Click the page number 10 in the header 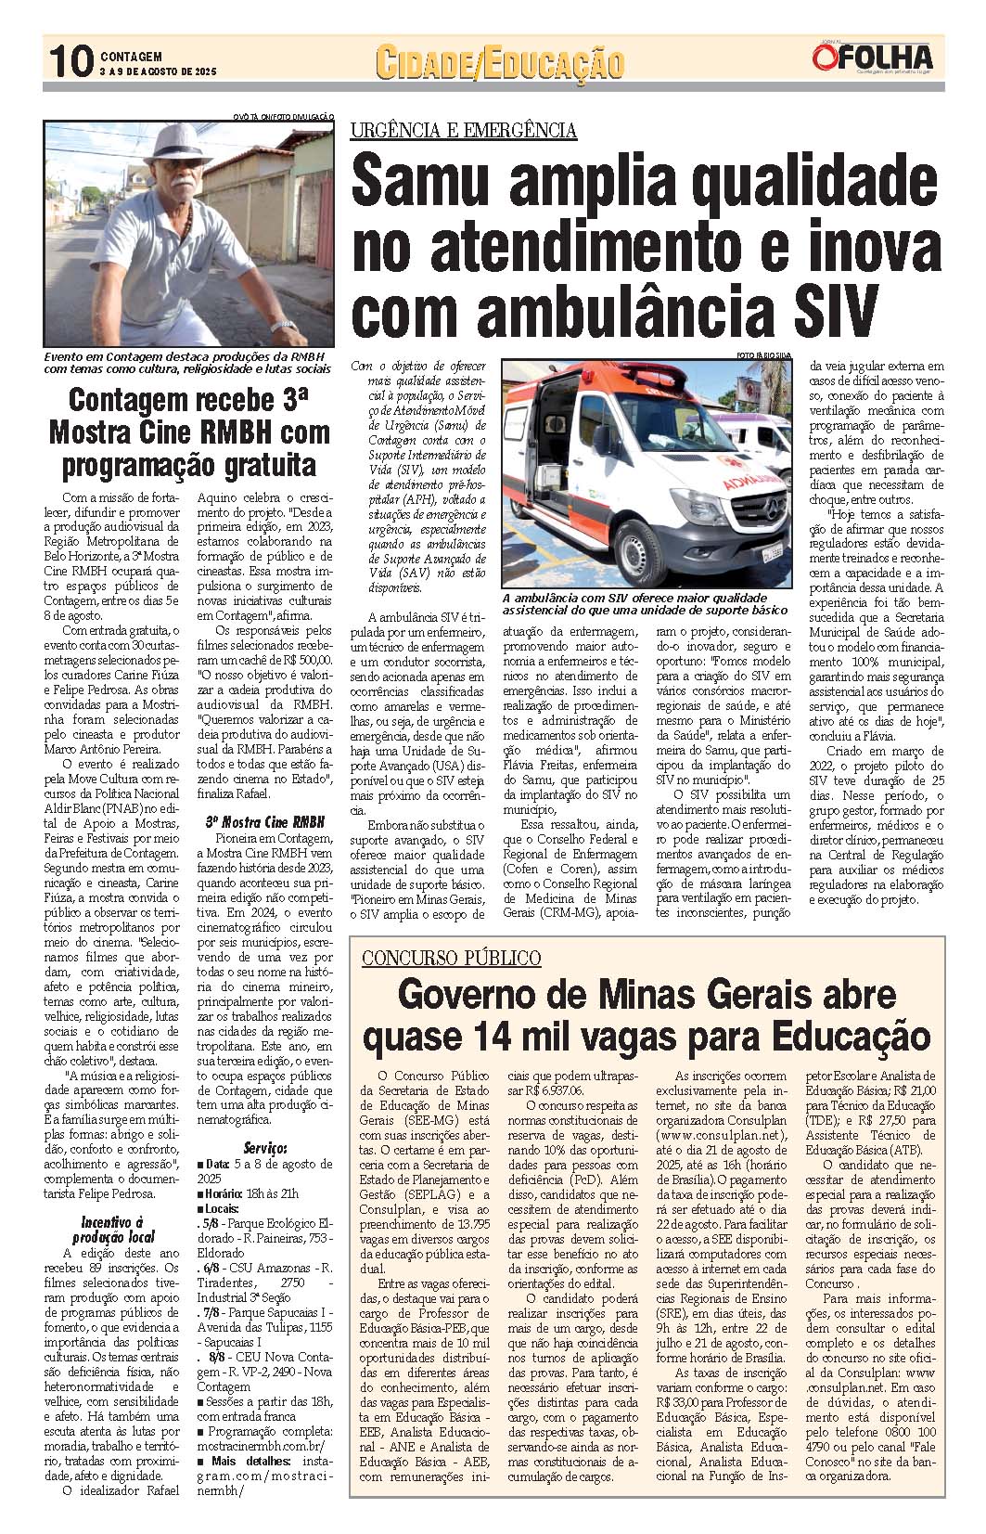(x=69, y=62)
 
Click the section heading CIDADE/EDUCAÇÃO (x=500, y=63)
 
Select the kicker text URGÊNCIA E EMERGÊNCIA (x=464, y=131)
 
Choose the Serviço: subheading (x=264, y=1148)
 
